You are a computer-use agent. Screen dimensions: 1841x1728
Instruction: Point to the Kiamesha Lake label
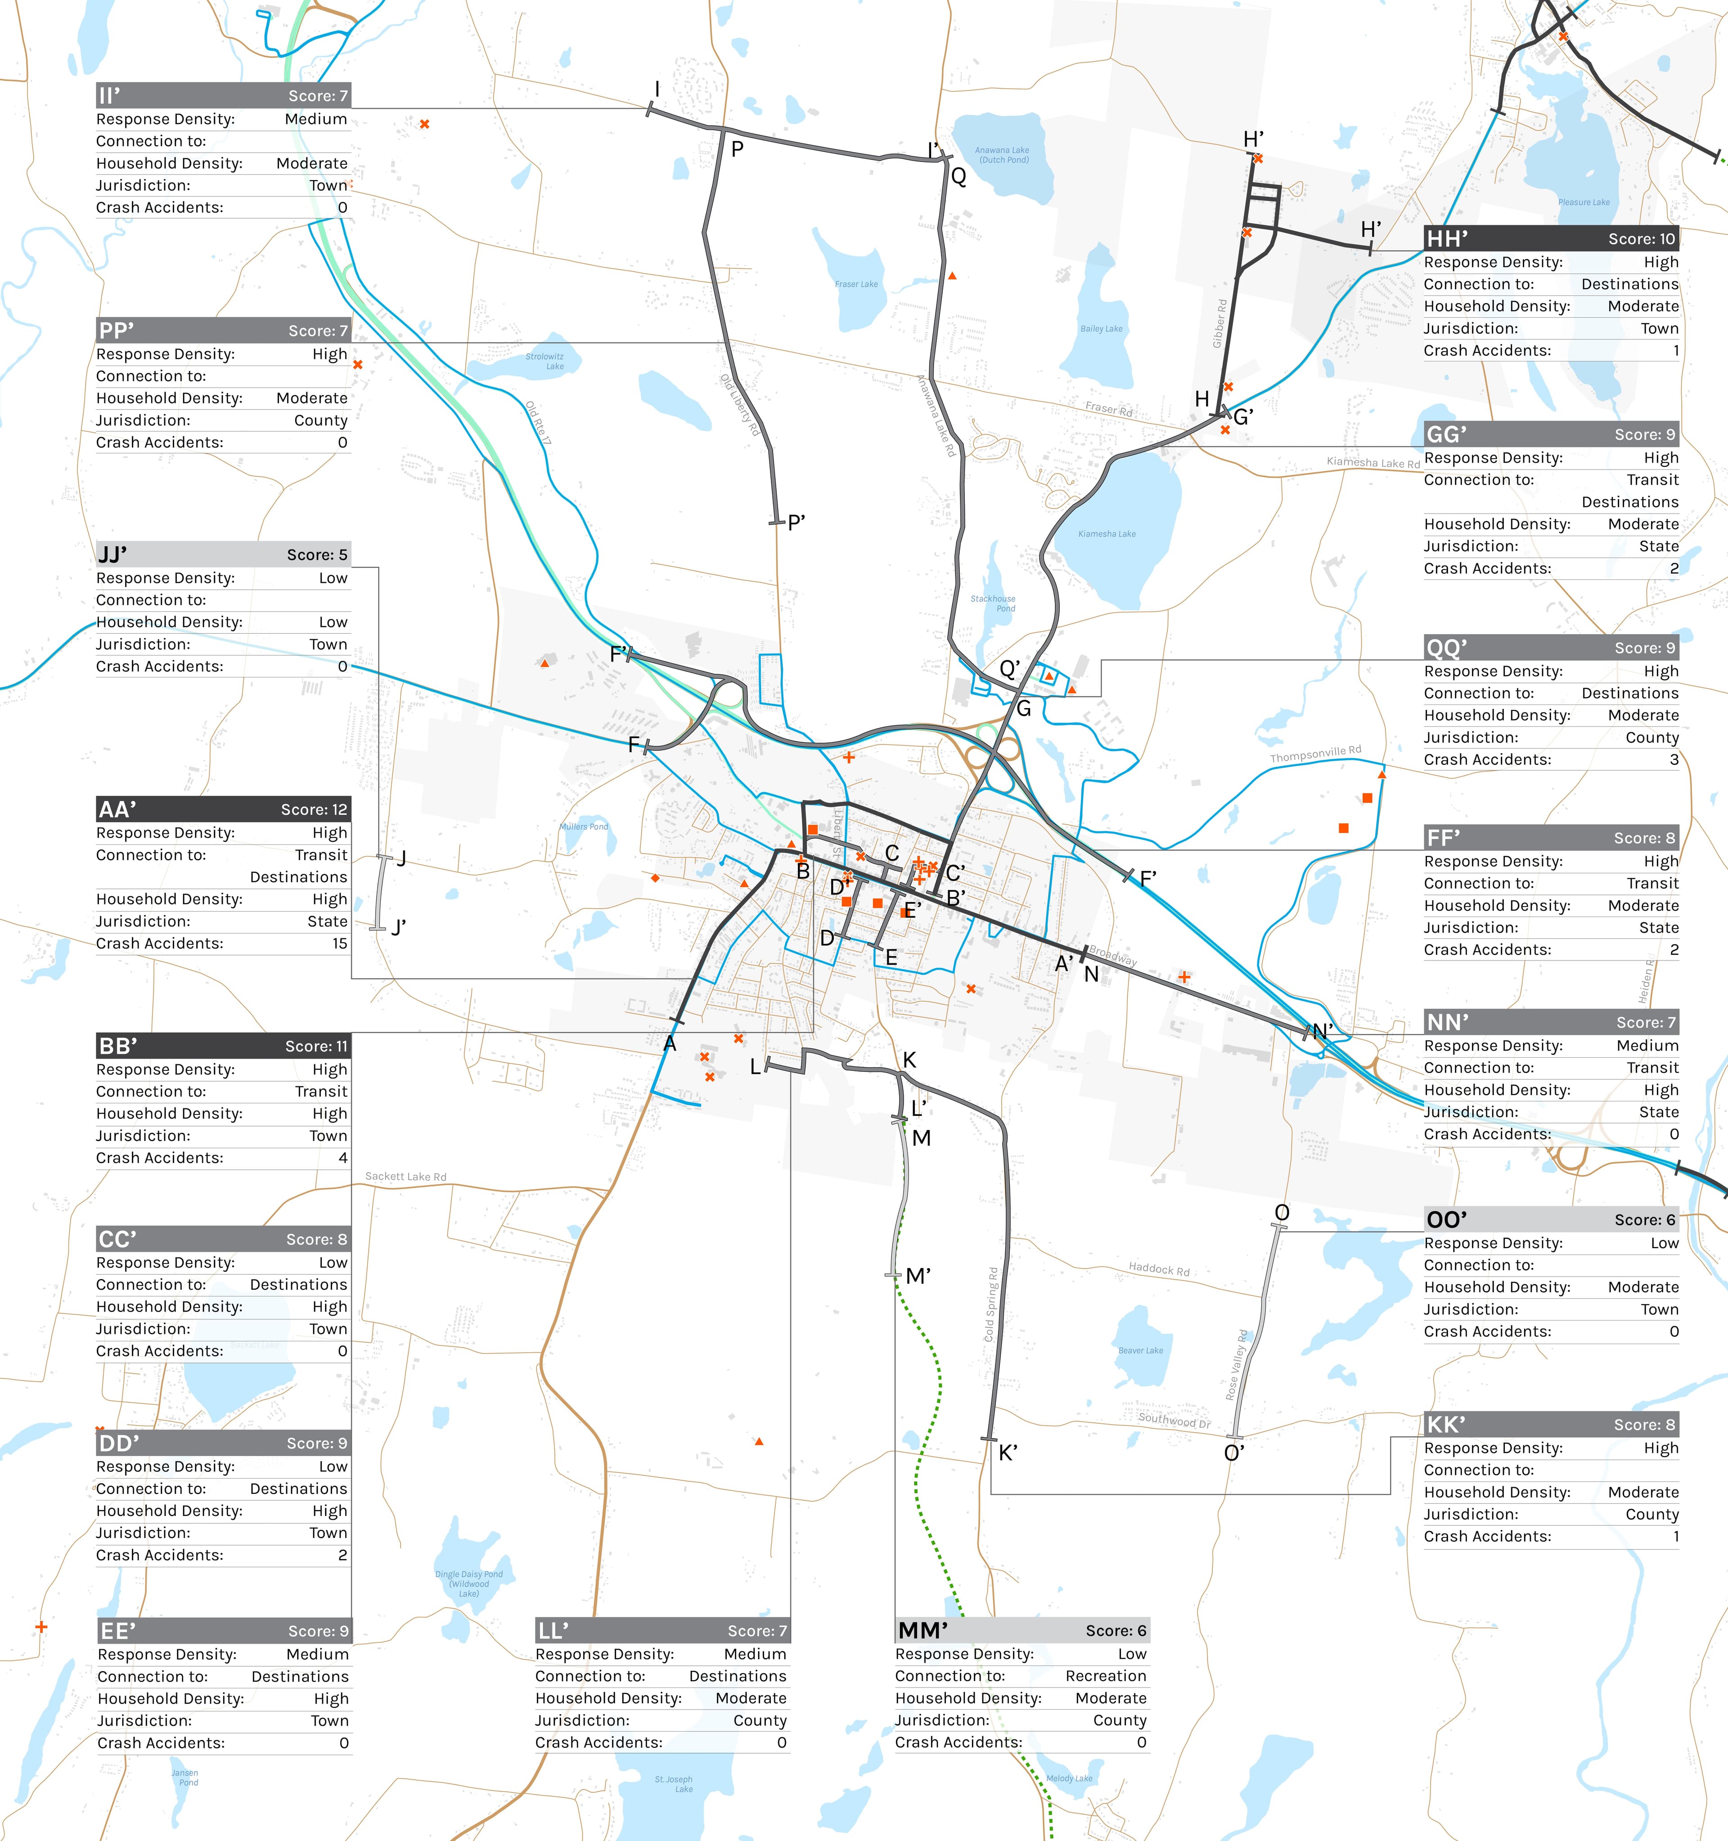pyautogui.click(x=1107, y=533)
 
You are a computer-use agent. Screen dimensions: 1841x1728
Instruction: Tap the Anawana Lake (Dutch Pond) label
pyautogui.click(x=1002, y=155)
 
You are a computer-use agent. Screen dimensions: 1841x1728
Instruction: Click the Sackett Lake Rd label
pyautogui.click(x=405, y=1176)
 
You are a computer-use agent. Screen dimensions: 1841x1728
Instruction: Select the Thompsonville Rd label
pyautogui.click(x=1315, y=755)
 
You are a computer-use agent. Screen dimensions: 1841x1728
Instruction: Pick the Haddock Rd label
pyautogui.click(x=1158, y=1269)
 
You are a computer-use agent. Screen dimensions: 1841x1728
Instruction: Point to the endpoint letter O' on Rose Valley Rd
pyautogui.click(x=1233, y=1453)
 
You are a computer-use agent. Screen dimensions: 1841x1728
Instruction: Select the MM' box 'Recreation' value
pyautogui.click(x=1106, y=1676)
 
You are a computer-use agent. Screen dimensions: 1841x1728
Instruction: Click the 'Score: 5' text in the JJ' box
pyautogui.click(x=317, y=555)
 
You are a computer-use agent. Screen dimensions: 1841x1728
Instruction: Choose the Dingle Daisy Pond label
pyautogui.click(x=468, y=1583)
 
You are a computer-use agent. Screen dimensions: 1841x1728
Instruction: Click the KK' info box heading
pyautogui.click(x=1445, y=1424)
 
